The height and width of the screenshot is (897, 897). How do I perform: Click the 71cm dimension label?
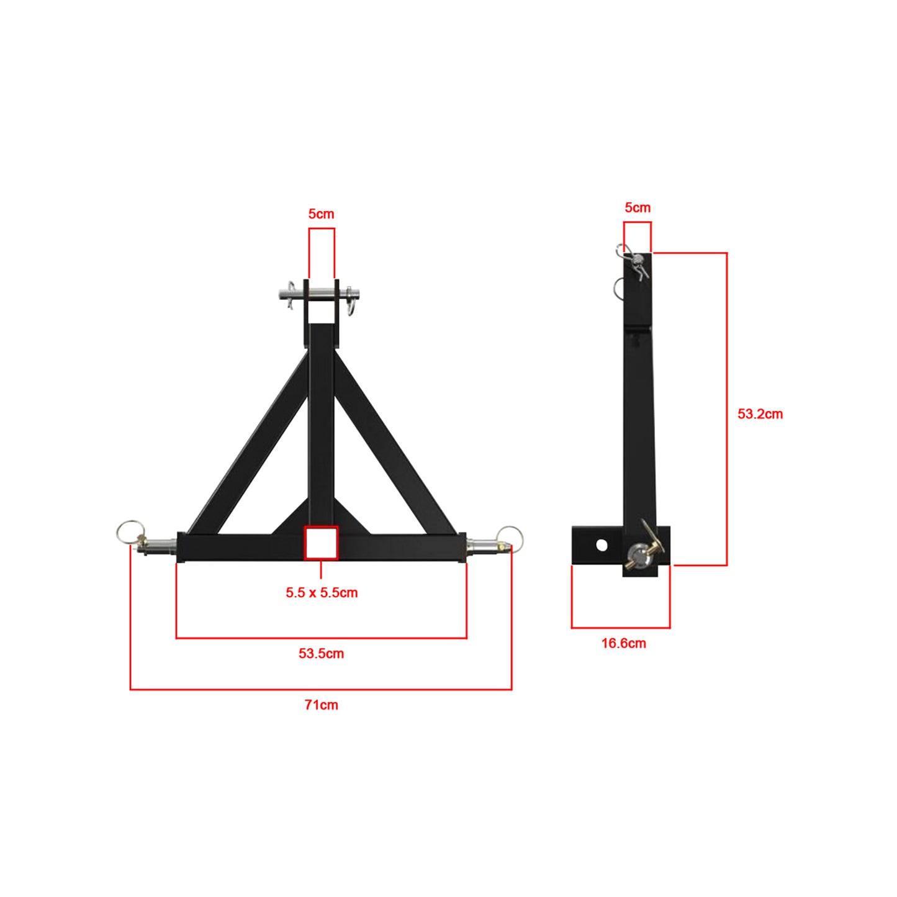(321, 705)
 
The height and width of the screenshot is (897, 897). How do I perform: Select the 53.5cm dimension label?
(321, 653)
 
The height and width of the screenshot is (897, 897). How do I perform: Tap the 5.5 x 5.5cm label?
(322, 592)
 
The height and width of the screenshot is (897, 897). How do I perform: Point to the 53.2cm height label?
(760, 414)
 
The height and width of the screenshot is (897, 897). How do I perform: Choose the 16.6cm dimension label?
(623, 643)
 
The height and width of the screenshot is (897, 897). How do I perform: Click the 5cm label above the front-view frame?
(321, 214)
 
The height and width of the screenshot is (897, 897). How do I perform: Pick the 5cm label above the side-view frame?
(638, 208)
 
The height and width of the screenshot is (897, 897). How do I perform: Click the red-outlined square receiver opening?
(321, 543)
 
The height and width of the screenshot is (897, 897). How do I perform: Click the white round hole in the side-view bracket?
(602, 545)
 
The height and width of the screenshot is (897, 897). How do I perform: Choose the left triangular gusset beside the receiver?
(292, 520)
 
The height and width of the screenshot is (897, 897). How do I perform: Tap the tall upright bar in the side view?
(639, 422)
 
